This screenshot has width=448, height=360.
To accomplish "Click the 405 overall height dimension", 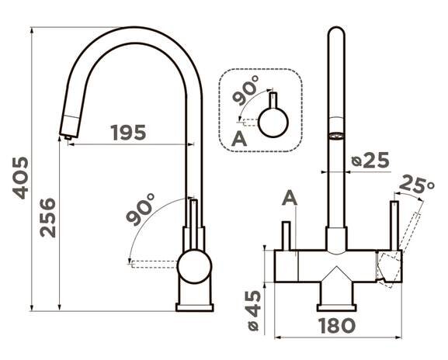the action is [20, 178].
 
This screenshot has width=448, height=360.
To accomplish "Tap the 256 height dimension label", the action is [47, 217].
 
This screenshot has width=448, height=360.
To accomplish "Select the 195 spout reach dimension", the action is [128, 133].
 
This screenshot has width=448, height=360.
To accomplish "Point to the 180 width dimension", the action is [337, 326].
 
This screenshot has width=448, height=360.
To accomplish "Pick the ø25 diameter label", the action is [370, 160].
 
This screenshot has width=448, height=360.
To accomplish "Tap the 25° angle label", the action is [416, 184].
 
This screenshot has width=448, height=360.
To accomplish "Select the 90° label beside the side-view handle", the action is [141, 209].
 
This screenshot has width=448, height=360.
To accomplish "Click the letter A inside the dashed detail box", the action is [239, 139].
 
